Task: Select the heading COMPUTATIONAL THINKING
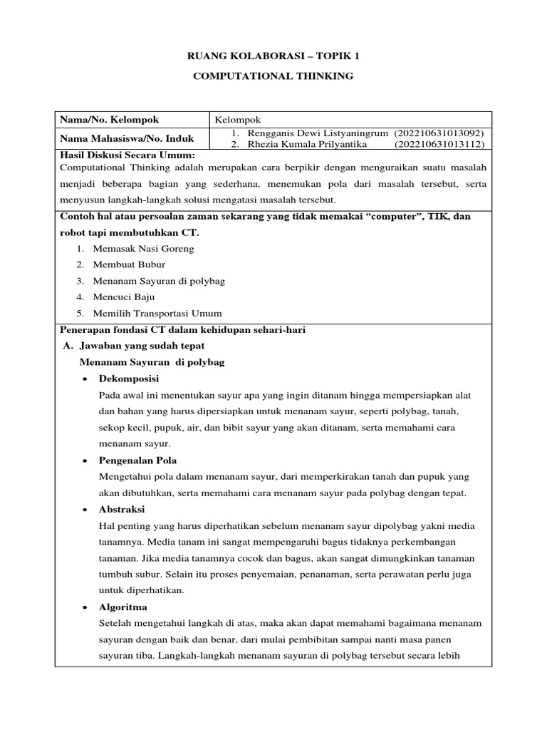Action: (273, 76)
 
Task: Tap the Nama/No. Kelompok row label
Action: (110, 120)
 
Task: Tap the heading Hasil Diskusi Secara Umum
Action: (127, 155)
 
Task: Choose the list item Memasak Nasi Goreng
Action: (142, 249)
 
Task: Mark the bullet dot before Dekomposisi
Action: (85, 378)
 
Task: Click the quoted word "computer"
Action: (385, 216)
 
